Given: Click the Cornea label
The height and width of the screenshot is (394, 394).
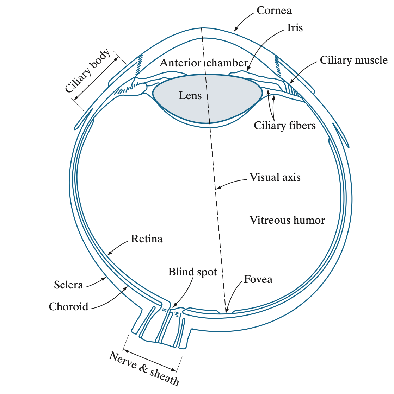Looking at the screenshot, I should [x=274, y=11].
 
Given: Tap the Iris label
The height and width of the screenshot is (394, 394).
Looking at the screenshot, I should [x=295, y=28].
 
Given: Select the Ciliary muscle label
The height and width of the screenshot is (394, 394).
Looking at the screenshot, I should [x=353, y=60].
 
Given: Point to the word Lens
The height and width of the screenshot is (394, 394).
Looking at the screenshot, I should [x=190, y=95].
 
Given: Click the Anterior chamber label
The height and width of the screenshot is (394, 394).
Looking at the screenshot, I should [x=204, y=63].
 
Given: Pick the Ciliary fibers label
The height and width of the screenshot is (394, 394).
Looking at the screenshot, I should [x=285, y=126].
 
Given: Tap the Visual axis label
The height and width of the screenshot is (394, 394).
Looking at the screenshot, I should [x=275, y=177].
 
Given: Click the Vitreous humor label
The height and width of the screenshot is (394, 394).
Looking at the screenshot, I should [x=287, y=220].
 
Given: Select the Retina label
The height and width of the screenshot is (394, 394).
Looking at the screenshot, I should [x=147, y=239].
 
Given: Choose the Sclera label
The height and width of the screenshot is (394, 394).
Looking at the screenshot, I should [x=68, y=285].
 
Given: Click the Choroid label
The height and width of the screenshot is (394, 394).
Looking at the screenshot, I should [x=68, y=306].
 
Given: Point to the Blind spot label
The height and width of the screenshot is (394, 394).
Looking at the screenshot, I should [x=192, y=272].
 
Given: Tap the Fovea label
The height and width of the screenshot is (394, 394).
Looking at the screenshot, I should [x=258, y=279].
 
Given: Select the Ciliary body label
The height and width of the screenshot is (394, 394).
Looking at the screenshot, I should [x=87, y=71].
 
